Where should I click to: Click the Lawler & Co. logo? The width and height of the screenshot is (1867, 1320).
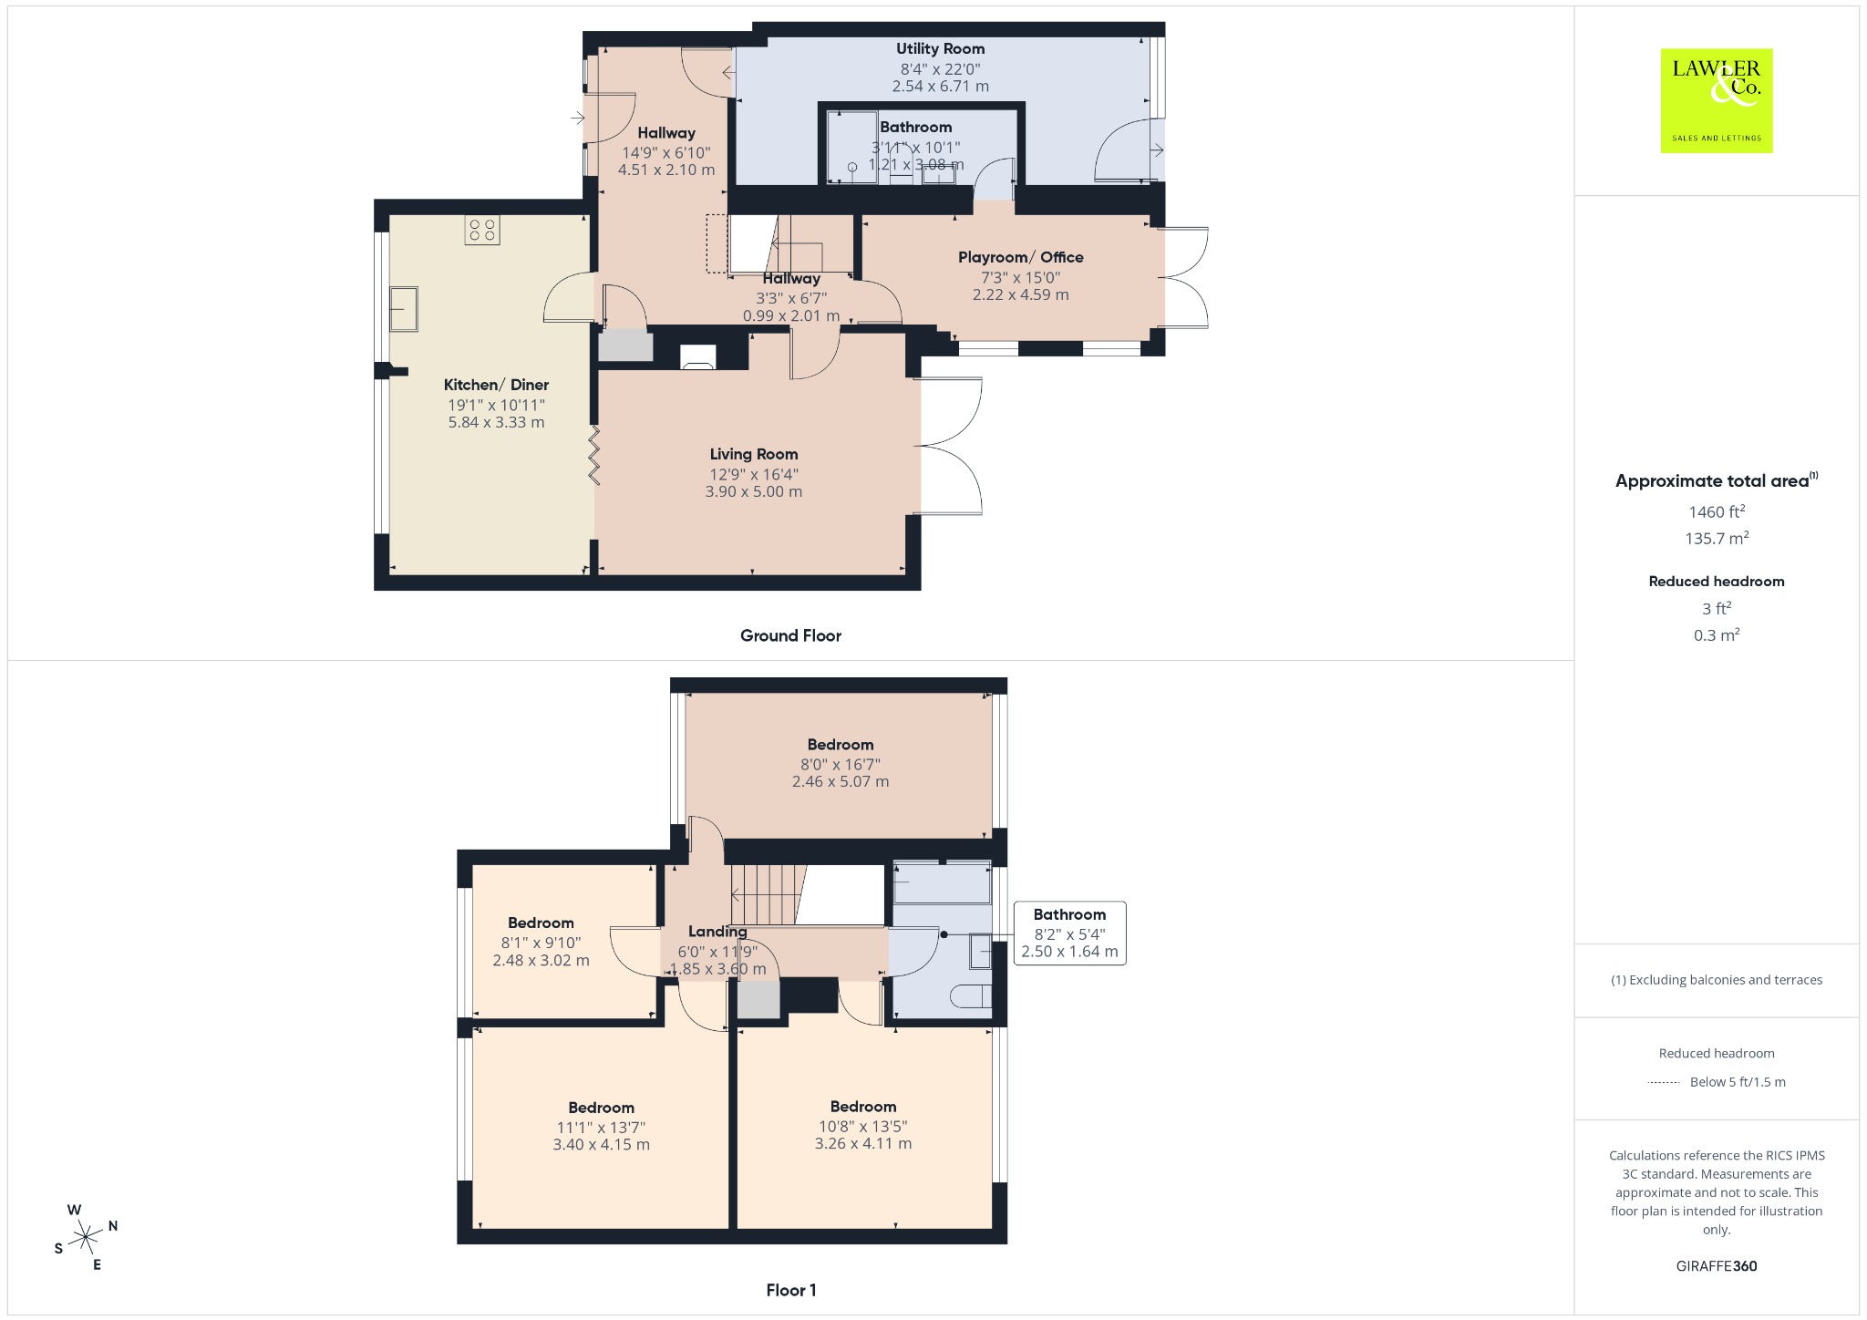point(1716,100)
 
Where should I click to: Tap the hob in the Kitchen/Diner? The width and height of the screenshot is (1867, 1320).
point(482,230)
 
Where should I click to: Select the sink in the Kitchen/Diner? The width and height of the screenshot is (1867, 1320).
point(403,309)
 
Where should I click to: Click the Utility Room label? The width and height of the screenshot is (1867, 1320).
point(940,49)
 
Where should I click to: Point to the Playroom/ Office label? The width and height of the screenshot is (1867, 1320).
point(1020,258)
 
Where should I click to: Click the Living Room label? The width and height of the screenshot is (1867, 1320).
point(754,454)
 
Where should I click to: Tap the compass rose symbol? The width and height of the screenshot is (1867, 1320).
point(86,1237)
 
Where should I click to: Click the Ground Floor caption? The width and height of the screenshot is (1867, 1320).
point(790,636)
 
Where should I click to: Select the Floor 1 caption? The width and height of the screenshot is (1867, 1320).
point(791,1290)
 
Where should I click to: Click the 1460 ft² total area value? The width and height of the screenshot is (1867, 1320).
point(1717,511)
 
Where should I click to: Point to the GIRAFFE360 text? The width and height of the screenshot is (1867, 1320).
point(1717,1266)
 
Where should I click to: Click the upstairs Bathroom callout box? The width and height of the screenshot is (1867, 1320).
point(1069,933)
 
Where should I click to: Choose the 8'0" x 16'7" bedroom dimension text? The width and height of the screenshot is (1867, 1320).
point(841,764)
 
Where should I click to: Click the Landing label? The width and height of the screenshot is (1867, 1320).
point(717,932)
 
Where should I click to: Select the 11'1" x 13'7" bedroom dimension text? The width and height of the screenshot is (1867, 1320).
point(601,1128)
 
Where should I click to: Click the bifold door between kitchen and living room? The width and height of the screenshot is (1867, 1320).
point(594,454)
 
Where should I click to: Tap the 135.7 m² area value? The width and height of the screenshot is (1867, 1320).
point(1717,539)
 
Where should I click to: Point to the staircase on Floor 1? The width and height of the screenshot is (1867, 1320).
point(770,894)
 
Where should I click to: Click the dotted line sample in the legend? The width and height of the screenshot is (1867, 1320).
point(1664,1083)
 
